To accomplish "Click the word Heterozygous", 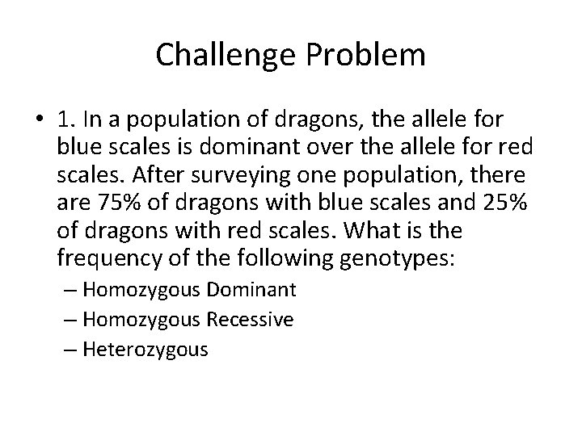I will (x=145, y=350).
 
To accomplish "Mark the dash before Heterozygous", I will (x=71, y=350).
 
